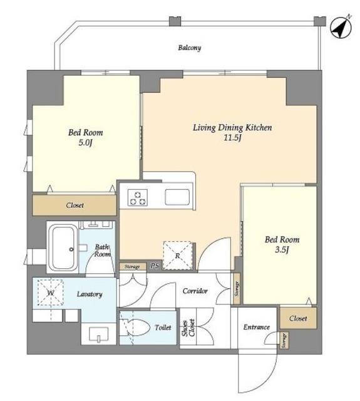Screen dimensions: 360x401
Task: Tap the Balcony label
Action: [x=190, y=48]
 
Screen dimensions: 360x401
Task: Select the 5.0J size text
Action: [x=85, y=143]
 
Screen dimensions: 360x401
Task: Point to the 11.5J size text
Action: [x=232, y=138]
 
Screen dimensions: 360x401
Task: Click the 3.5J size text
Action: [x=282, y=250]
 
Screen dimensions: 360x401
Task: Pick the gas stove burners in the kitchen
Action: [x=138, y=198]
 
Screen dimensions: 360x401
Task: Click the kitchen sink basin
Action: [x=177, y=197]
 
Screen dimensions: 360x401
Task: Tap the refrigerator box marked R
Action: [x=178, y=255]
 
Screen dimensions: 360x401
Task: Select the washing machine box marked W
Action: [x=50, y=293]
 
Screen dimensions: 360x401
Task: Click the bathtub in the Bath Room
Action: [x=63, y=247]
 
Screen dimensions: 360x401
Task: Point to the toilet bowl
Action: [x=136, y=327]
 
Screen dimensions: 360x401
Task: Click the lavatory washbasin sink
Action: [x=99, y=335]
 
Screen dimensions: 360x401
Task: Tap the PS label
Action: [x=154, y=266]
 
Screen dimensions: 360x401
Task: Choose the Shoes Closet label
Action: [x=188, y=328]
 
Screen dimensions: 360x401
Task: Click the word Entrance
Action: [x=256, y=327]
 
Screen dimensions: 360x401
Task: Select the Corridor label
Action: [x=195, y=291]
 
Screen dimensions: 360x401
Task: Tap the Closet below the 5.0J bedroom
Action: [x=75, y=206]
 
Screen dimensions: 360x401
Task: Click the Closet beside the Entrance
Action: [x=298, y=318]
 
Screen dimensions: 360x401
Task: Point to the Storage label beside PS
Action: [x=132, y=267]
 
